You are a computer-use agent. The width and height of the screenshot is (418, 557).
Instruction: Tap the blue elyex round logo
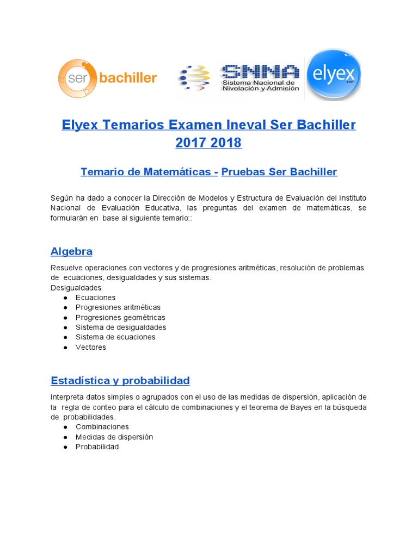334,75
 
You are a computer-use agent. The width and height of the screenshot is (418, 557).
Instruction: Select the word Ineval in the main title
240,125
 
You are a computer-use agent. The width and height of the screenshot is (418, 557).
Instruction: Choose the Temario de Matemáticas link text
146,172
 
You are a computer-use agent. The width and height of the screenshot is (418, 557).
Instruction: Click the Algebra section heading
71,251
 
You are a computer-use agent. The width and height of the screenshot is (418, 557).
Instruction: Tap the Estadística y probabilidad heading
120,380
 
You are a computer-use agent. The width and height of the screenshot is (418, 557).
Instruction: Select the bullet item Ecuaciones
96,298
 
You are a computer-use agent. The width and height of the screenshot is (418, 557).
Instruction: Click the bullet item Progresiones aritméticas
118,307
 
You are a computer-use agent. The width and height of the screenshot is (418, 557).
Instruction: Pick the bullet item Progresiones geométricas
120,317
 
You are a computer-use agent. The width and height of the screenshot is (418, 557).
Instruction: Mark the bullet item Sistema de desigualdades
121,327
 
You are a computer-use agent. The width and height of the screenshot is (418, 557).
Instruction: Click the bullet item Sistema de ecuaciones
115,337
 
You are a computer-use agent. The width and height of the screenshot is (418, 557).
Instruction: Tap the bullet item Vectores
91,347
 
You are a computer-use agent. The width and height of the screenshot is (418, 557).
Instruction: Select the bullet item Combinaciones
102,427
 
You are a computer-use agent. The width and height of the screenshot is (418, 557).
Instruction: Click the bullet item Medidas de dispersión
114,437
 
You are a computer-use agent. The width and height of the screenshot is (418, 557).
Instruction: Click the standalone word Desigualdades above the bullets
76,288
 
